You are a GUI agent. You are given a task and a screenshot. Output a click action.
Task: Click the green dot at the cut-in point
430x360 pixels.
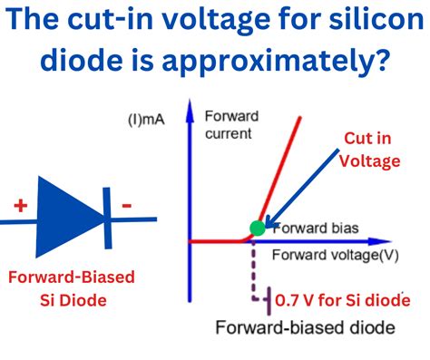(x=257, y=228)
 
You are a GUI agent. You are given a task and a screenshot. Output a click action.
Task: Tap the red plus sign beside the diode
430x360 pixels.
(x=20, y=206)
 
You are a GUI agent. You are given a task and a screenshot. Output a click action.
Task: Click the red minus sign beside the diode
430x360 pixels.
(x=126, y=206)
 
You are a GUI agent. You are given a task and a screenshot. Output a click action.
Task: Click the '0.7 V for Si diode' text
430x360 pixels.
(x=343, y=300)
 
